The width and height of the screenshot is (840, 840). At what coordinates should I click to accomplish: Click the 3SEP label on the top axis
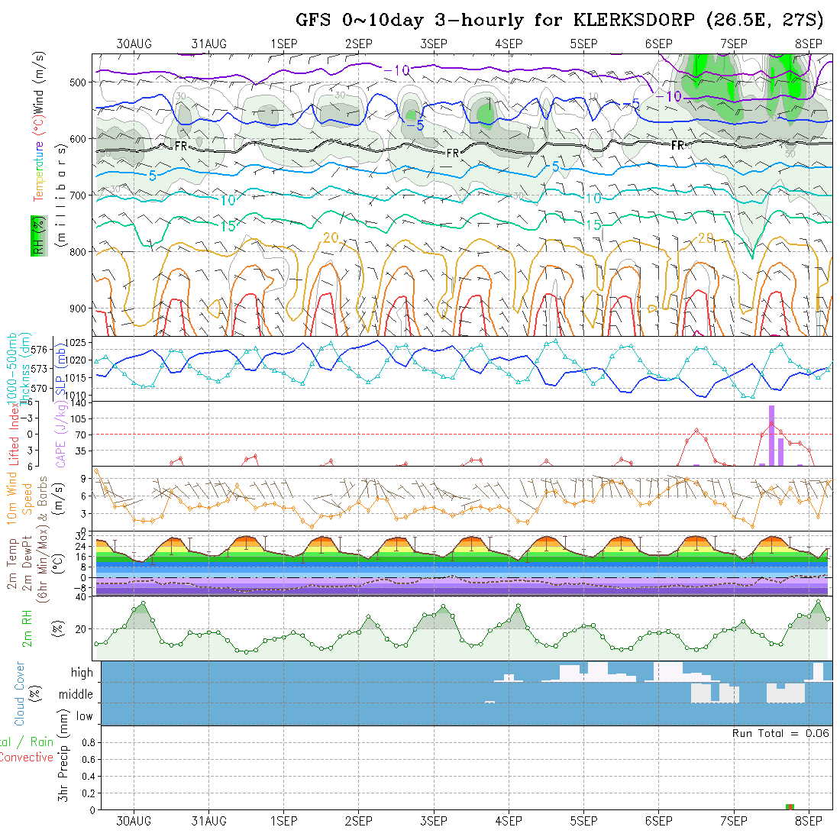click(x=433, y=44)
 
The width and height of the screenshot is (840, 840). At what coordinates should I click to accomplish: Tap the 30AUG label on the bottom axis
click(x=134, y=821)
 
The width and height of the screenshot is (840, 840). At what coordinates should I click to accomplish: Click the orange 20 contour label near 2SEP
click(x=330, y=237)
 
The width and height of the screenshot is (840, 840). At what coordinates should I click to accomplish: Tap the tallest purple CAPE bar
click(x=771, y=435)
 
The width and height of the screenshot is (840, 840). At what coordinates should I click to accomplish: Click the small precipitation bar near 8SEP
click(x=790, y=806)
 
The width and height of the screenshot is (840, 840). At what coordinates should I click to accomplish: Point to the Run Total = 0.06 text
click(x=780, y=733)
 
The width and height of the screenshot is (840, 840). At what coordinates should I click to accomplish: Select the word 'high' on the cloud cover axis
click(x=82, y=673)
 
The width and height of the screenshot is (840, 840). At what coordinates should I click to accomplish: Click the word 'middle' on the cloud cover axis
click(x=76, y=695)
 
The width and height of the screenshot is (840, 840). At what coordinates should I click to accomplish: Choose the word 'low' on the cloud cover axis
click(x=84, y=716)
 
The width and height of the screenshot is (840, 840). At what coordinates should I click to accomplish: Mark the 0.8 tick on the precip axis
click(x=87, y=742)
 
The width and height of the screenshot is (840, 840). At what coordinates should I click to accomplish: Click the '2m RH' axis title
click(x=28, y=628)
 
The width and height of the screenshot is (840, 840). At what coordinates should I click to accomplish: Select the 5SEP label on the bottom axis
click(x=583, y=821)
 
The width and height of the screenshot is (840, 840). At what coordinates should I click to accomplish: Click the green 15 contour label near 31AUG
click(x=227, y=225)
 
